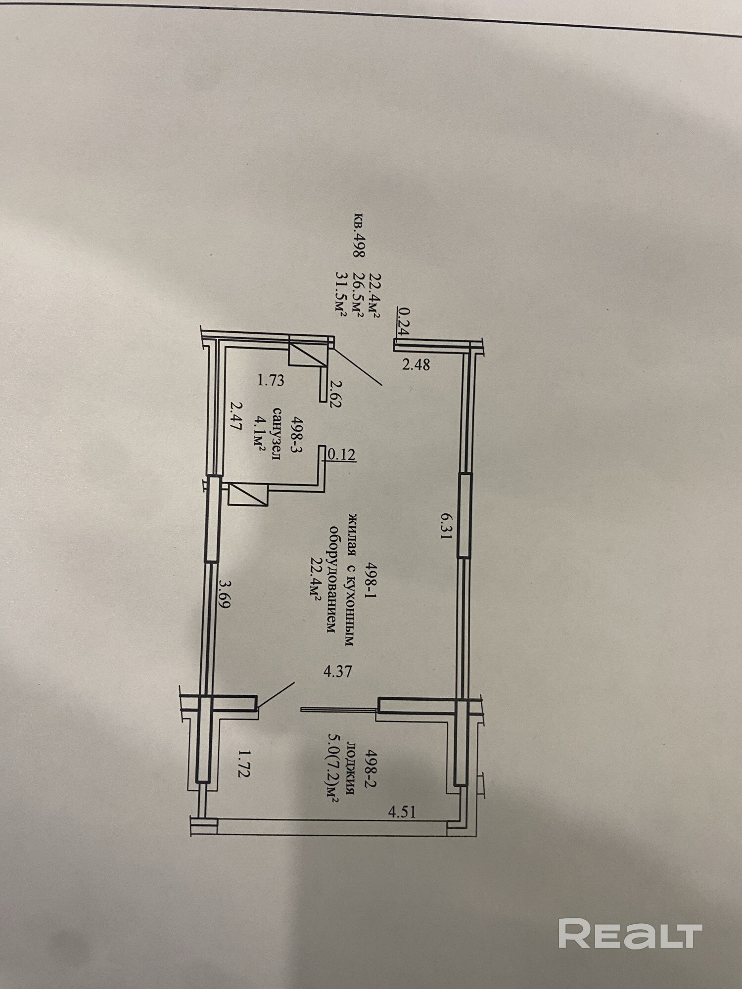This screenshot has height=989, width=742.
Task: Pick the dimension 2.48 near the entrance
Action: click(x=416, y=365)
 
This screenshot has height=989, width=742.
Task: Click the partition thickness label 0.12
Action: click(x=342, y=454)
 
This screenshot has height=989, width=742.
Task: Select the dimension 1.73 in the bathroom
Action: click(x=271, y=380)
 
